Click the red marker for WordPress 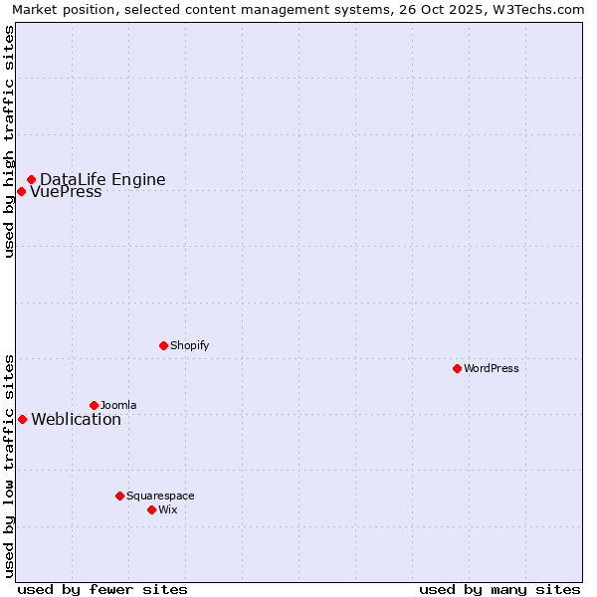pyautogui.click(x=457, y=368)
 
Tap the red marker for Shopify pyautogui.click(x=163, y=345)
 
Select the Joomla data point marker pyautogui.click(x=94, y=405)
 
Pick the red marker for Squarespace pyautogui.click(x=119, y=496)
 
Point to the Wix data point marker pyautogui.click(x=151, y=509)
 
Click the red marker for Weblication pyautogui.click(x=22, y=419)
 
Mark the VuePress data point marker pyautogui.click(x=21, y=191)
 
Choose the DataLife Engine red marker pyautogui.click(x=31, y=179)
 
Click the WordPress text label pyautogui.click(x=492, y=369)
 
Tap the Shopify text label pyautogui.click(x=190, y=346)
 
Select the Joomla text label pyautogui.click(x=118, y=406)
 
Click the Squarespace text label pyautogui.click(x=160, y=497)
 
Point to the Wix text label pyautogui.click(x=168, y=510)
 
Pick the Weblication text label pyautogui.click(x=77, y=420)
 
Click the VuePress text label pyautogui.click(x=66, y=192)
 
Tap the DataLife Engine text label pyautogui.click(x=102, y=180)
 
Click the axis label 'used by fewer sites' pyautogui.click(x=102, y=590)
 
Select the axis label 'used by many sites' pyautogui.click(x=499, y=590)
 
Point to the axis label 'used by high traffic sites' pyautogui.click(x=10, y=142)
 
